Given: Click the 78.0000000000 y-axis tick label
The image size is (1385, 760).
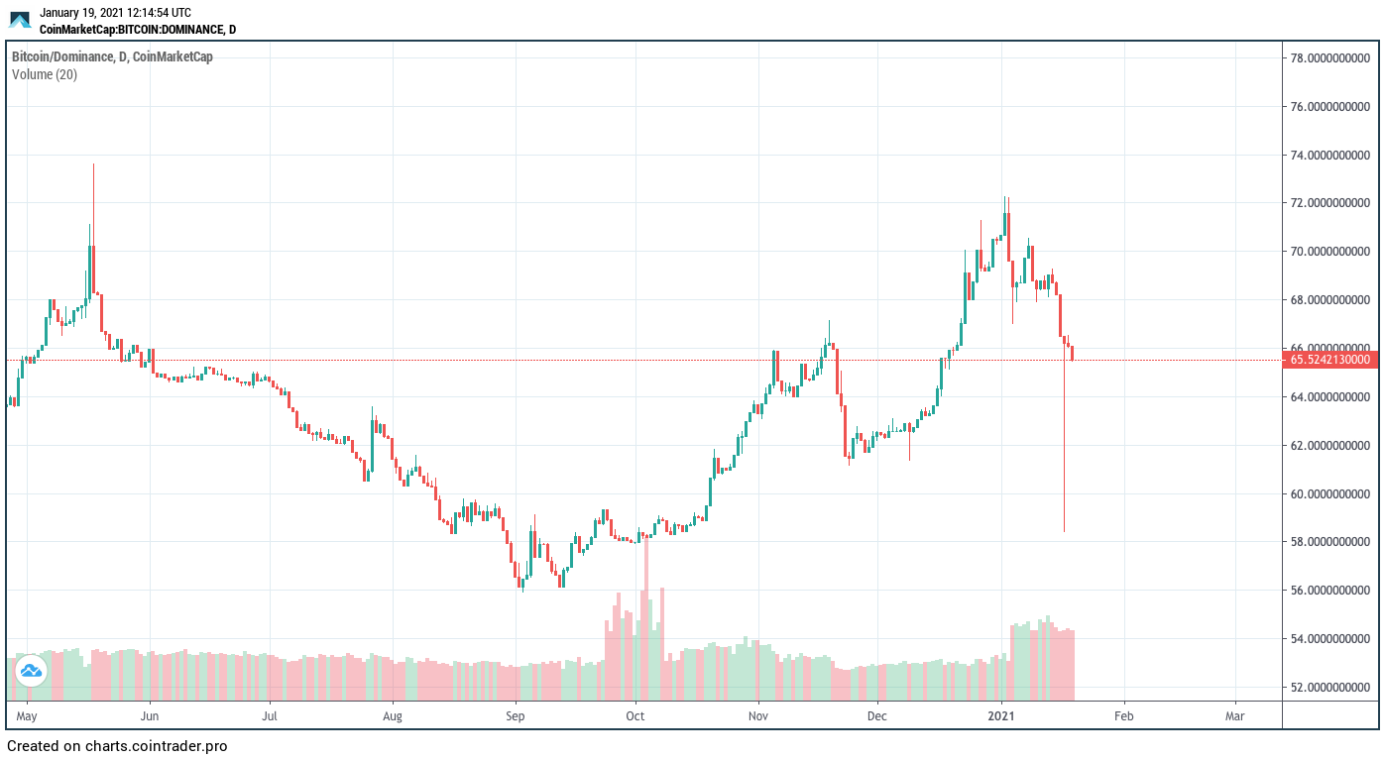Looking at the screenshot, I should point(1329,57).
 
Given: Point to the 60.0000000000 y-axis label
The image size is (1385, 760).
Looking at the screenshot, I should point(1329,493).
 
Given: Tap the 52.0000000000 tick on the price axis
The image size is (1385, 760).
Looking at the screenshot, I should point(1329,687).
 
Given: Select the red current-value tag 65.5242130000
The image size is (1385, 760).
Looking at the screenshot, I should point(1329,360).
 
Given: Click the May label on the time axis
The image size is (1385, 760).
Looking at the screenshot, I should point(27,714).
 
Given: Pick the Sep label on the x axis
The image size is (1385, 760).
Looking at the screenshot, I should point(515,714).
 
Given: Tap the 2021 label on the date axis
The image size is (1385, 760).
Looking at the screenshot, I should point(1002,714).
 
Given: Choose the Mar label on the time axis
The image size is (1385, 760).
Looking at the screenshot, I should point(1235,714).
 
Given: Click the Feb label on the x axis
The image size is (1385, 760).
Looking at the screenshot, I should point(1123,714).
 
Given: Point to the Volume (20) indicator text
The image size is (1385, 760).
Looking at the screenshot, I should point(45,74).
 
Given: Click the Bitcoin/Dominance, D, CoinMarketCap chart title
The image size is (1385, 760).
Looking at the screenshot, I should point(112,56).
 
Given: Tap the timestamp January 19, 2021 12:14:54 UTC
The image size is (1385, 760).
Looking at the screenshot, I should point(115,13).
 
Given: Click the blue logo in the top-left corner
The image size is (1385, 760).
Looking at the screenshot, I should point(20,19).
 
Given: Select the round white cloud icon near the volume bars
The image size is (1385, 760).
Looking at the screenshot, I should point(31,671).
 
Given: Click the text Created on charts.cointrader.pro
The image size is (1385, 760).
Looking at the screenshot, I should point(117,746).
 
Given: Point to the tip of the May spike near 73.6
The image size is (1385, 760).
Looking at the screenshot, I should point(93,164).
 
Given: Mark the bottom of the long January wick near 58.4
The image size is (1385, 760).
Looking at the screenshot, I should point(1064,531).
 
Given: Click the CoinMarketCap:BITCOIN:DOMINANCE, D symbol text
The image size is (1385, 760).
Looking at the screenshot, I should point(138,30).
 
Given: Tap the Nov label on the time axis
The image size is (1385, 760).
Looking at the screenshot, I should point(758,714).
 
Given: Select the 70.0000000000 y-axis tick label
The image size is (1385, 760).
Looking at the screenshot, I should point(1329,251).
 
